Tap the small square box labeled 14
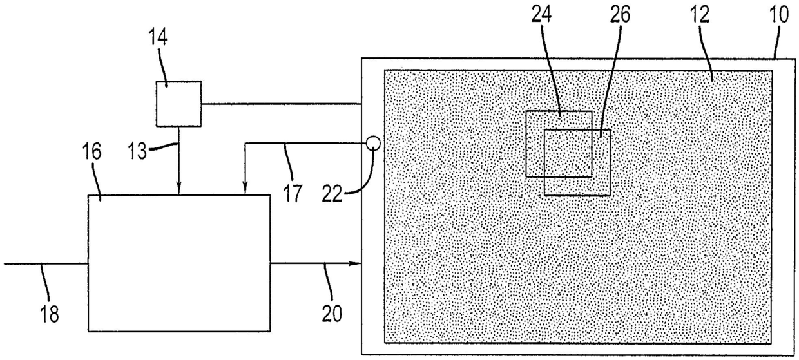coord(179,103)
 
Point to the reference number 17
coord(293,193)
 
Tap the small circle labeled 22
coord(373,144)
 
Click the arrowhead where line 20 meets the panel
coord(355,264)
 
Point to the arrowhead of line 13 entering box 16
coord(179,190)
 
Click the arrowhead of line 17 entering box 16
coord(245,190)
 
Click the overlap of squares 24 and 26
coord(568,153)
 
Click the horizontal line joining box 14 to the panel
coord(280,104)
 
